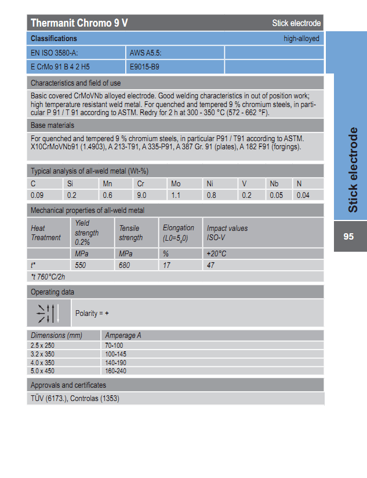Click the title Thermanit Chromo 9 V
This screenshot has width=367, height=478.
(x=79, y=23)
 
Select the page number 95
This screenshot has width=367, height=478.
(x=348, y=237)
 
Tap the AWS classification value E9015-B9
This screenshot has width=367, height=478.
(x=144, y=67)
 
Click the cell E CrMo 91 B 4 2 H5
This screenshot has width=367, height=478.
(x=60, y=67)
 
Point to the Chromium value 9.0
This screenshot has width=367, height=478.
(x=141, y=196)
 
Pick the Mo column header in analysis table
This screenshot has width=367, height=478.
(x=176, y=183)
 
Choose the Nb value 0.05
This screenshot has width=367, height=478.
(x=276, y=196)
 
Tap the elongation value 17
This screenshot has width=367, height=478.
(x=166, y=265)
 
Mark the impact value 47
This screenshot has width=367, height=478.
(x=210, y=265)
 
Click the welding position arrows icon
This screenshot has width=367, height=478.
(x=49, y=313)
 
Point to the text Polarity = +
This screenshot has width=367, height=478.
(x=92, y=313)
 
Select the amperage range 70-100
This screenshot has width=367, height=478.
(x=114, y=345)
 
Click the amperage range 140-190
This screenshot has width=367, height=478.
(x=116, y=363)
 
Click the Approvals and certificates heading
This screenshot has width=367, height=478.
(x=68, y=385)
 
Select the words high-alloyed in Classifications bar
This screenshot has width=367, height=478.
(x=301, y=38)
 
